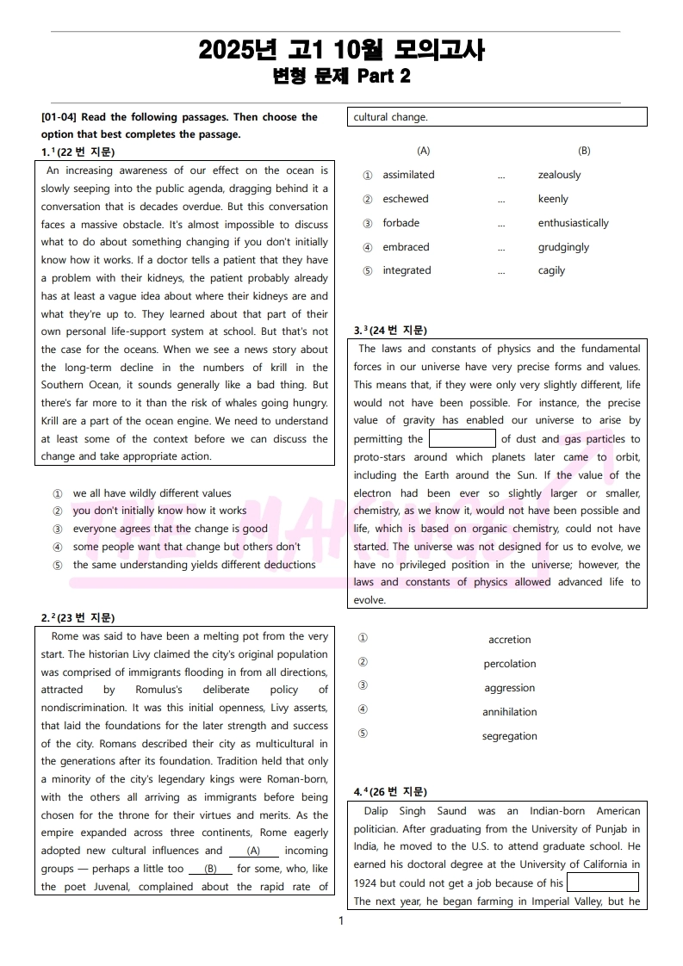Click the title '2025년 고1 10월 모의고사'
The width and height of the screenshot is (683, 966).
coord(341,51)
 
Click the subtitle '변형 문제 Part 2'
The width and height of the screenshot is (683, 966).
coord(341,77)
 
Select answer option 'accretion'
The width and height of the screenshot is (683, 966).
coord(509,640)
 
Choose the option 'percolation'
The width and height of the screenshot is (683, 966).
coord(509,664)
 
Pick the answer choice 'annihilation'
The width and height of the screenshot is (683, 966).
coord(509,712)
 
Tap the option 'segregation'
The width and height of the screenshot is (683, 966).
coord(509,736)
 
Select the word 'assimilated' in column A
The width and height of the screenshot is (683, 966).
coord(408,175)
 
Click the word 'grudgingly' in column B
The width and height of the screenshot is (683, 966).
coord(563,247)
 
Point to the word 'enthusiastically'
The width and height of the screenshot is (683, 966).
coord(573,223)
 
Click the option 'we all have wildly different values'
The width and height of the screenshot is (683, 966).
coord(152,493)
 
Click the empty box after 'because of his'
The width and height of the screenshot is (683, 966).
coord(602,882)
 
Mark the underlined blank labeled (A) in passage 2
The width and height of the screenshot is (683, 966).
coord(253,851)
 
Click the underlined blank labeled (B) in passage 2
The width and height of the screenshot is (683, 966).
coord(211,869)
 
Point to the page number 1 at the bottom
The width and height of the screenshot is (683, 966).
coord(341,921)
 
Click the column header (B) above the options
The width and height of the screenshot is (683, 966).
coord(584,151)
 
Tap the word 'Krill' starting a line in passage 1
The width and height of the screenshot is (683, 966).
coord(53,421)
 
